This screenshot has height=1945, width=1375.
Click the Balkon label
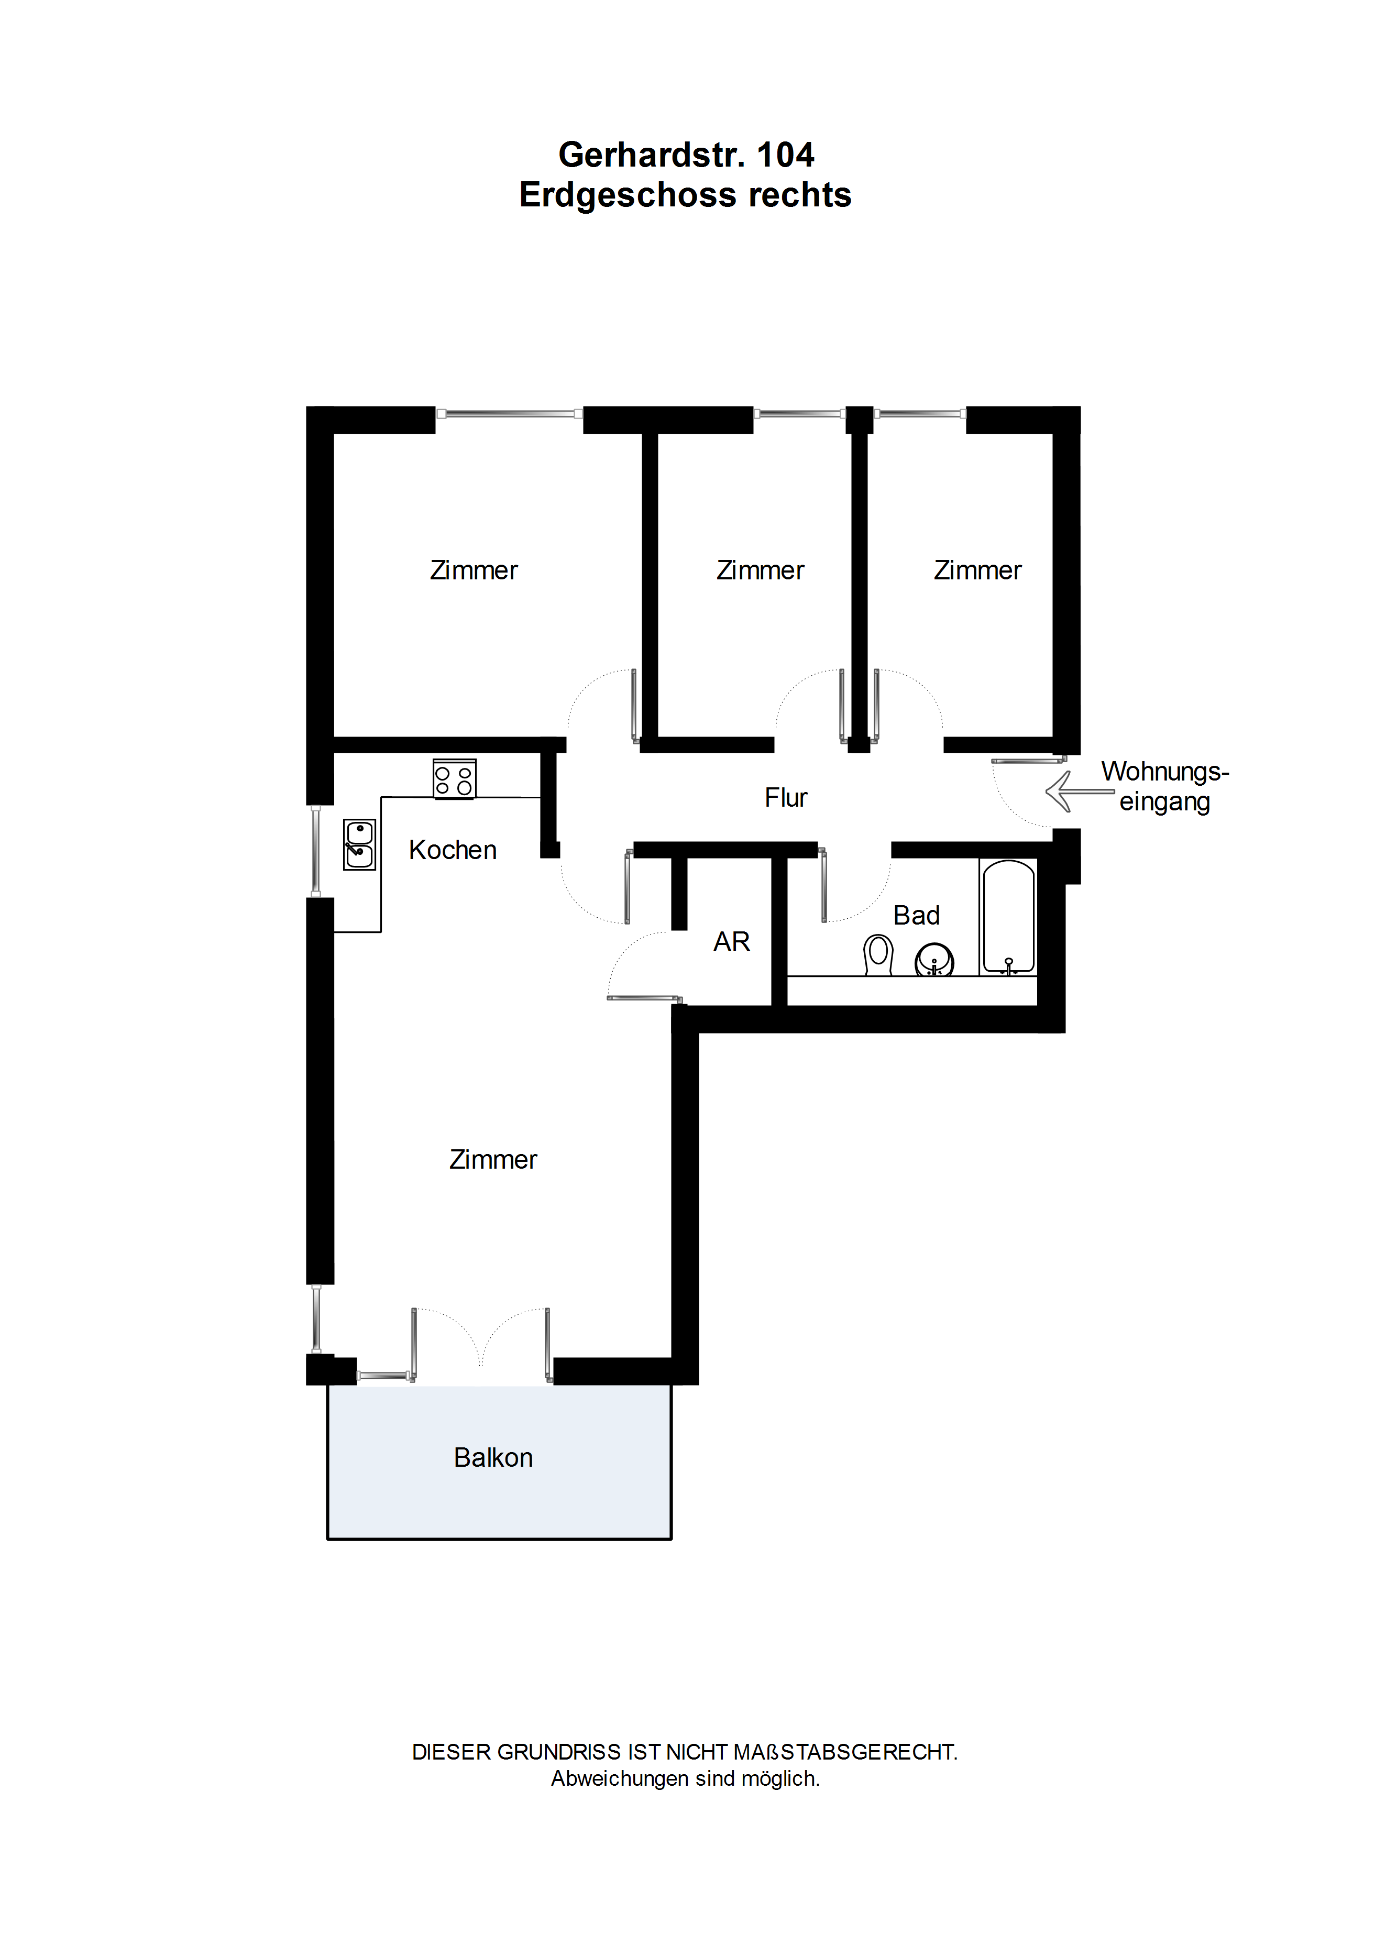pyautogui.click(x=493, y=1458)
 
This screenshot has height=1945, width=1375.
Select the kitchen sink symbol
pyautogui.click(x=359, y=844)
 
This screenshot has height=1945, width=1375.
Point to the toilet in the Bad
pyautogui.click(x=878, y=955)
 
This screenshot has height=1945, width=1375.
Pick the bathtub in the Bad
pyautogui.click(x=1008, y=917)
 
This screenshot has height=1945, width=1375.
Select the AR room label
pyautogui.click(x=731, y=942)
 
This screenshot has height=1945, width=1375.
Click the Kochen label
pyautogui.click(x=453, y=850)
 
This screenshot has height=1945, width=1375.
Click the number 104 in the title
pyautogui.click(x=785, y=155)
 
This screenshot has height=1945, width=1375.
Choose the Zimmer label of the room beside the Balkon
pyautogui.click(x=493, y=1160)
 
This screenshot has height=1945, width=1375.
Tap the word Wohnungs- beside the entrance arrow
pyautogui.click(x=1165, y=772)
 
